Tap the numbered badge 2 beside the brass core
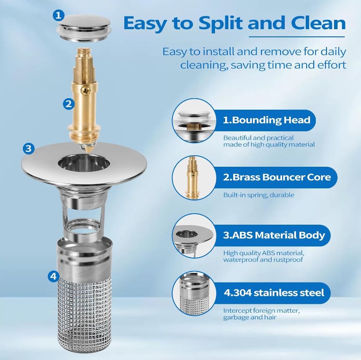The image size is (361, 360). point(69,104)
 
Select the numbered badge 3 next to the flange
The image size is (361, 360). point(28,148)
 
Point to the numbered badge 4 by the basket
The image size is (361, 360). point(53,277)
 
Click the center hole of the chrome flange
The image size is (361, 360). point(84,162)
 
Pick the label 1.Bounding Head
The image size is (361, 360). point(266,120)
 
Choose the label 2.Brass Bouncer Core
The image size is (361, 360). point(277,177)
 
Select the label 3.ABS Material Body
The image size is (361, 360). point(273,235)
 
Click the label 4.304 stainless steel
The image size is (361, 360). point(273,292)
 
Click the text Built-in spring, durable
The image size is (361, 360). point(258,195)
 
